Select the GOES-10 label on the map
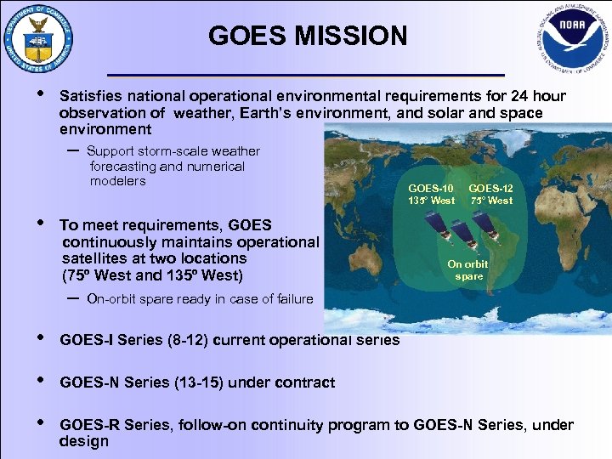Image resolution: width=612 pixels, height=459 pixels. (x=431, y=188)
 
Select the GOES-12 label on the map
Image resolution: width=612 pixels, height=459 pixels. (x=491, y=188)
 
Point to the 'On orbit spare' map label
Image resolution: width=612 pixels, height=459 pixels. (x=468, y=270)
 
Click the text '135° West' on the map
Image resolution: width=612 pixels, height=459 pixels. (x=431, y=201)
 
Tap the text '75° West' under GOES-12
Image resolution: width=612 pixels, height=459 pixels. (x=491, y=201)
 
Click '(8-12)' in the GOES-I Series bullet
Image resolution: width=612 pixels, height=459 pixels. (x=186, y=340)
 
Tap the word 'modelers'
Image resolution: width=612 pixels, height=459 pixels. (x=118, y=181)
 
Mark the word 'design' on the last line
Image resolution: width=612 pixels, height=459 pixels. (x=84, y=441)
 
